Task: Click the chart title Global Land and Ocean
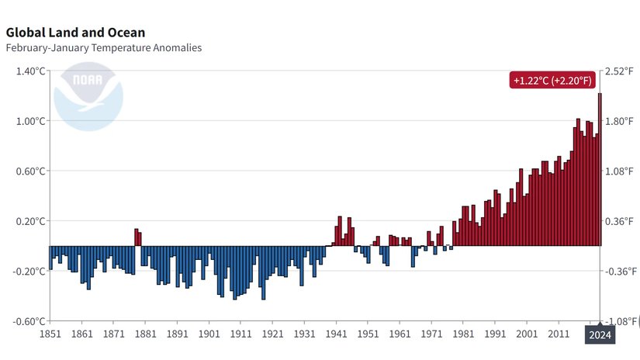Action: (75, 33)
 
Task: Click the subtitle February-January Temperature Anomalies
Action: (103, 48)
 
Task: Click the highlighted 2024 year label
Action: (600, 335)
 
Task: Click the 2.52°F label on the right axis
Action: (620, 71)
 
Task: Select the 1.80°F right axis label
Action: (620, 121)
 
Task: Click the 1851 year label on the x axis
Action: (50, 334)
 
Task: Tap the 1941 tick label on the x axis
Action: (336, 334)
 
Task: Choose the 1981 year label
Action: (463, 334)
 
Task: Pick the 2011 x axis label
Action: (559, 334)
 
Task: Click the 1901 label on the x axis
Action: (209, 334)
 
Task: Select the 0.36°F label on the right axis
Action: (620, 221)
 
